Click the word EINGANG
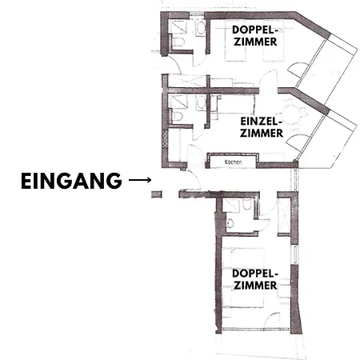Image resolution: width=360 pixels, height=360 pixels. (x=71, y=181)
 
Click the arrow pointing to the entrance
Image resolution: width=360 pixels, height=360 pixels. (x=140, y=180)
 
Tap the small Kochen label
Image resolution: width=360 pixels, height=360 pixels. (x=234, y=162)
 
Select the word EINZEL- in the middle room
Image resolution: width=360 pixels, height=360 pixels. (x=261, y=122)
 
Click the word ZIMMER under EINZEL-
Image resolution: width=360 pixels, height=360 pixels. (x=262, y=133)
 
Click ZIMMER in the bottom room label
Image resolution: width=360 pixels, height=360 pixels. (x=255, y=286)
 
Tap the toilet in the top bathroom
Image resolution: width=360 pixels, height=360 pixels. (x=178, y=42)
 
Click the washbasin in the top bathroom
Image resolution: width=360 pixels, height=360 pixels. (x=201, y=28)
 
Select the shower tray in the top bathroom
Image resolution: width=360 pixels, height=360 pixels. (x=178, y=27)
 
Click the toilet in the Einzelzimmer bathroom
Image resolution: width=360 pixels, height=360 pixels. (x=178, y=117)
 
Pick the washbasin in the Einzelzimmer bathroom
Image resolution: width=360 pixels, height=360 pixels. (x=201, y=102)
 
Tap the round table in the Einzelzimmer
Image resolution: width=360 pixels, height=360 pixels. (x=291, y=114)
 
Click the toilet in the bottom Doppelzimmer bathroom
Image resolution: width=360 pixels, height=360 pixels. (x=230, y=223)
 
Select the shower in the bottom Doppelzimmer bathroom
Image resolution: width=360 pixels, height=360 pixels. (x=230, y=206)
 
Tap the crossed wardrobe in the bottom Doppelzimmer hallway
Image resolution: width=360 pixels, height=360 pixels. (x=284, y=216)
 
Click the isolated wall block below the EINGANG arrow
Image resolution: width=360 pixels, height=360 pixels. (x=157, y=194)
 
